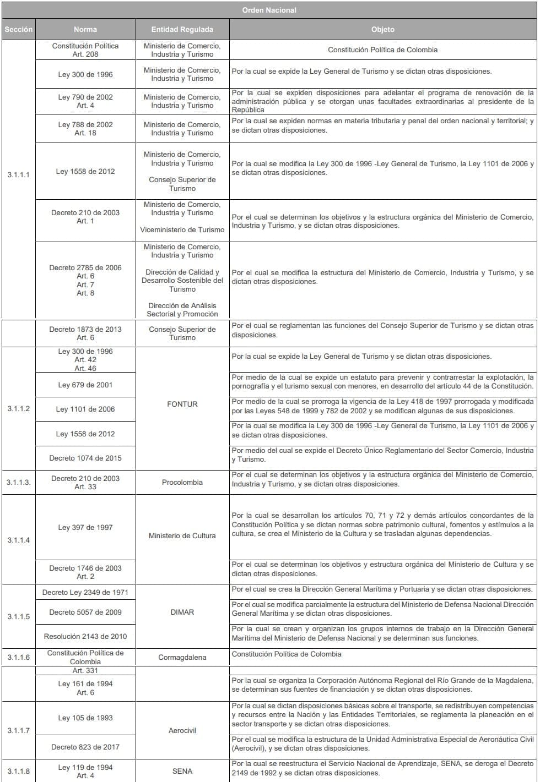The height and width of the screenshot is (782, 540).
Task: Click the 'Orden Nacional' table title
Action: (x=269, y=10)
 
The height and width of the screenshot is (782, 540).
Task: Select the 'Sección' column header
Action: (x=19, y=29)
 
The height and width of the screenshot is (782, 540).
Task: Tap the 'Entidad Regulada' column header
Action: (x=182, y=29)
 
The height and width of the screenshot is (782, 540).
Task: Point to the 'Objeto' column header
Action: (x=382, y=29)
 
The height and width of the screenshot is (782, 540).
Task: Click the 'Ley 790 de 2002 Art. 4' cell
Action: (x=85, y=101)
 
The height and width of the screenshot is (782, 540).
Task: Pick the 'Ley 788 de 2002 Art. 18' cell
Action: (x=85, y=128)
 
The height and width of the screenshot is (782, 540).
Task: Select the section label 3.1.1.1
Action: (x=19, y=175)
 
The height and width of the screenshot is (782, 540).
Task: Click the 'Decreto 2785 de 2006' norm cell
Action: (x=85, y=280)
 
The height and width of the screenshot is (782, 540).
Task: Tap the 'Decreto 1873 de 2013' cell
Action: (x=85, y=333)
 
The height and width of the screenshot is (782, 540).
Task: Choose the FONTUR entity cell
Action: (x=182, y=404)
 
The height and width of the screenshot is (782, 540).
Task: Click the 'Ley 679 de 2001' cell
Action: (x=85, y=385)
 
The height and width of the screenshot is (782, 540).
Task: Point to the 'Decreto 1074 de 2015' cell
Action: (x=85, y=458)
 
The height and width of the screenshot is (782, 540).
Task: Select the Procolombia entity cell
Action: (x=182, y=482)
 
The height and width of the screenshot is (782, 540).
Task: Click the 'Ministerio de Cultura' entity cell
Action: (x=182, y=535)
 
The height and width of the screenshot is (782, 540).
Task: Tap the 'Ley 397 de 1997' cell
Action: (x=85, y=527)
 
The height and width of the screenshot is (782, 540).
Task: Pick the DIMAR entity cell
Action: (x=182, y=612)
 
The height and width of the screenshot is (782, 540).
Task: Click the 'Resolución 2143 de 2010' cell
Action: (x=85, y=636)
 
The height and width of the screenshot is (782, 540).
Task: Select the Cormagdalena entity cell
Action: (x=182, y=657)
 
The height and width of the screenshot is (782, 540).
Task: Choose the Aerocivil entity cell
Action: (x=182, y=730)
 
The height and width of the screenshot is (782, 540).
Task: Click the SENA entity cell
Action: (x=182, y=771)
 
